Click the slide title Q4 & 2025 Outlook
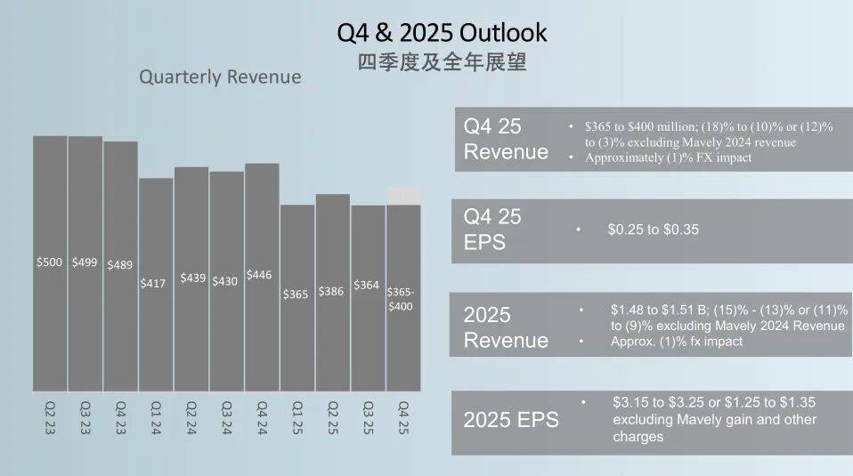coord(442,33)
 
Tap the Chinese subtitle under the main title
coord(442,63)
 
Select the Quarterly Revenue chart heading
coord(220,77)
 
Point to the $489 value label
coord(120,264)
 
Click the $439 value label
coord(192,278)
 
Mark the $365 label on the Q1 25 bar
coord(297,294)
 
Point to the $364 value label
coord(366,286)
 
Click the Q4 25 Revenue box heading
coord(506,139)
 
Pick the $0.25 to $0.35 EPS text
coord(653,230)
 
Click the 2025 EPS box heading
coord(511,420)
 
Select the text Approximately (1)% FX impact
coord(669,157)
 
